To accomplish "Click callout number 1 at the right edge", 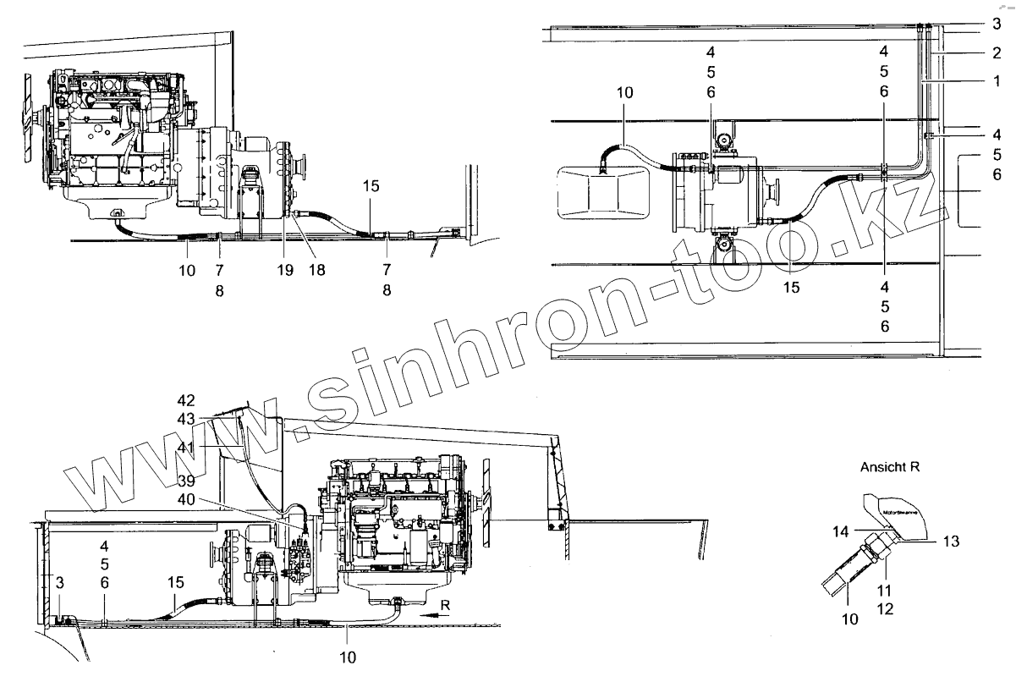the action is click(x=997, y=82).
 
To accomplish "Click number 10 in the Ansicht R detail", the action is click(x=849, y=619).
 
